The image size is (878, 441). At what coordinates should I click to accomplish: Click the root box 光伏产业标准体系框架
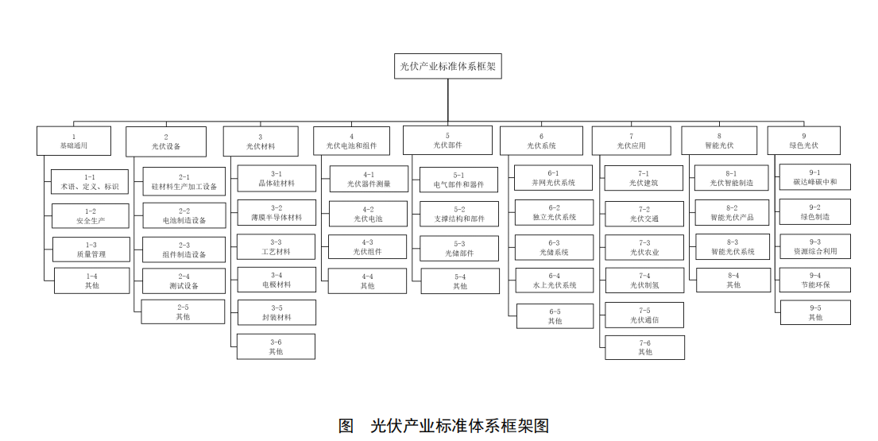447,67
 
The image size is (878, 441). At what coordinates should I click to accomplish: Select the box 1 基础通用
74,141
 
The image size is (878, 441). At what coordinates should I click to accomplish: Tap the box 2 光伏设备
166,142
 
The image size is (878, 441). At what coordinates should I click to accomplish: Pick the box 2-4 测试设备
184,281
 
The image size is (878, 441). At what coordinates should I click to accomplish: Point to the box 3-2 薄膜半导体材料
276,213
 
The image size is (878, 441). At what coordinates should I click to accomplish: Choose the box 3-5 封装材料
276,312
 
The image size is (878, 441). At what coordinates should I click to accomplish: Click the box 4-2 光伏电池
367,214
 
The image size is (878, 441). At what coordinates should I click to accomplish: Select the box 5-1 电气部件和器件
460,180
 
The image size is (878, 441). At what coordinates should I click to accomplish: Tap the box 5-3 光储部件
460,249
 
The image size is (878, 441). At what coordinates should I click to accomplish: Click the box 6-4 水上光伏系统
554,280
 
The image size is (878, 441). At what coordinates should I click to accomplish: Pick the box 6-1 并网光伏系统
554,178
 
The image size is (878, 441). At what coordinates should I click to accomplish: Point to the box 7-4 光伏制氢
644,280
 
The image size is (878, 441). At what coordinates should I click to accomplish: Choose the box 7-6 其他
644,347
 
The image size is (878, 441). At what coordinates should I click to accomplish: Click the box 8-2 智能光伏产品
732,213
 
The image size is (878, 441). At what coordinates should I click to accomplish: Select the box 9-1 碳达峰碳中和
814,177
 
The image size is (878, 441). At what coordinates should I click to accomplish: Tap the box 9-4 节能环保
814,280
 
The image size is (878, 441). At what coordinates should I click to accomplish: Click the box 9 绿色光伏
803,141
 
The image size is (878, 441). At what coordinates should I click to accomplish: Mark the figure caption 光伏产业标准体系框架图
443,425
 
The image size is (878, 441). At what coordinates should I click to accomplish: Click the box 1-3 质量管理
91,250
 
